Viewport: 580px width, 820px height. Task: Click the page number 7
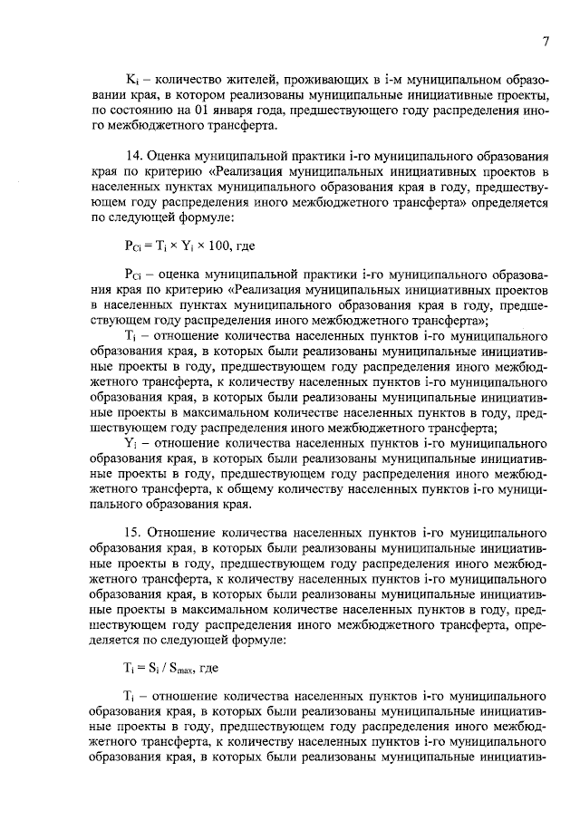click(x=546, y=41)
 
